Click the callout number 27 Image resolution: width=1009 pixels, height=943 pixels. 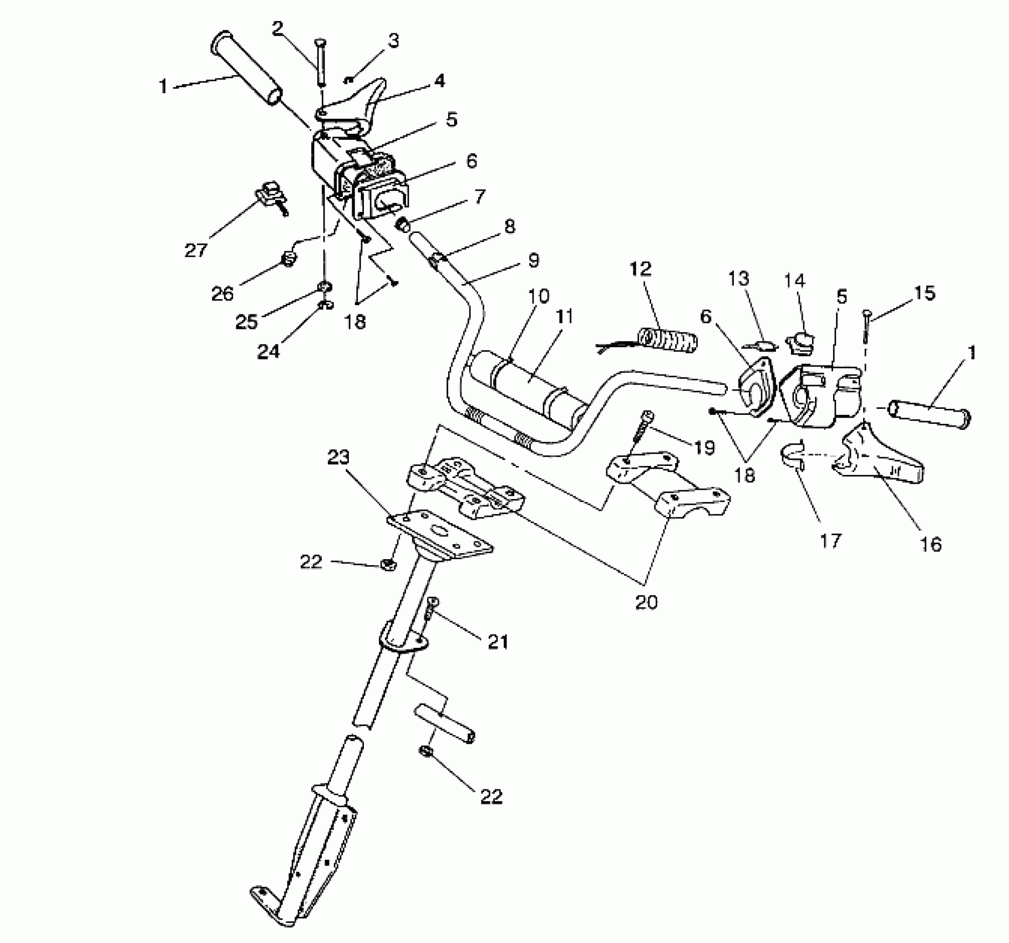pyautogui.click(x=195, y=250)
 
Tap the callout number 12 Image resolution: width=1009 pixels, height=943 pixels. pyautogui.click(x=641, y=268)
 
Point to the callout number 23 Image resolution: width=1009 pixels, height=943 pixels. pyautogui.click(x=339, y=458)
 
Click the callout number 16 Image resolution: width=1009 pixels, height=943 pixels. pyautogui.click(x=931, y=544)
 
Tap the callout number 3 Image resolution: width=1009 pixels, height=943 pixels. pyautogui.click(x=393, y=41)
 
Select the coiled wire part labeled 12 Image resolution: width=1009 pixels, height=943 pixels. pyautogui.click(x=668, y=340)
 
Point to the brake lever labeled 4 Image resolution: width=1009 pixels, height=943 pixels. pyautogui.click(x=355, y=105)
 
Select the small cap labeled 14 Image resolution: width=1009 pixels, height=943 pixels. pyautogui.click(x=799, y=343)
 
